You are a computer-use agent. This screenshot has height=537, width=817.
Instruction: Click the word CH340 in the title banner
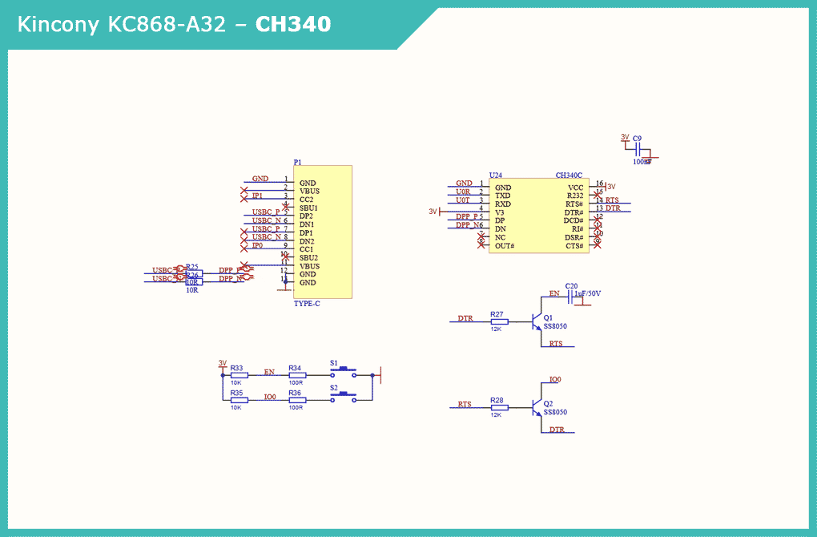[x=292, y=25]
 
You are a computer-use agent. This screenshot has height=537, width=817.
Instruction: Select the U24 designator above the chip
[x=496, y=175]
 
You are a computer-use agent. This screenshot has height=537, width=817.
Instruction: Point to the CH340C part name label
[x=569, y=175]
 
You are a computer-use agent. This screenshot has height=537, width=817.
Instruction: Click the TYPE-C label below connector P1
[x=307, y=304]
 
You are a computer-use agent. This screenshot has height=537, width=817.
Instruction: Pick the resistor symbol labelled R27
[x=499, y=321]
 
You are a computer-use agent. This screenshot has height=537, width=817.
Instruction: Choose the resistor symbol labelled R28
[x=499, y=408]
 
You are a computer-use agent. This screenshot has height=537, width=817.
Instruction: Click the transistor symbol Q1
[x=536, y=321]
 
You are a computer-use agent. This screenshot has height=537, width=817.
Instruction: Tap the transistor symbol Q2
[x=536, y=408]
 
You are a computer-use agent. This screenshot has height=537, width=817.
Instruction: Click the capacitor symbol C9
[x=638, y=151]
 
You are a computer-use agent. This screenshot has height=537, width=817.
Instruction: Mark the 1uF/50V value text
[x=587, y=294]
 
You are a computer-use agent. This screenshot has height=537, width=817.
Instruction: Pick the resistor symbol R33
[x=239, y=374]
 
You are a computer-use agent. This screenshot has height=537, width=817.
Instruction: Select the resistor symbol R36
[x=296, y=399]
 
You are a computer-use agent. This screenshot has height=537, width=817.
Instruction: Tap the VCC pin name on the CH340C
[x=575, y=188]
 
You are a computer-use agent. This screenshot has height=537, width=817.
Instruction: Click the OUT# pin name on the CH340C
[x=505, y=246]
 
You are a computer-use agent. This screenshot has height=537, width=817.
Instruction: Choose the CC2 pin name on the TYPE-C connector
[x=307, y=200]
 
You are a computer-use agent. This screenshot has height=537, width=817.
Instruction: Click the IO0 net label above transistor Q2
[x=555, y=379]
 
